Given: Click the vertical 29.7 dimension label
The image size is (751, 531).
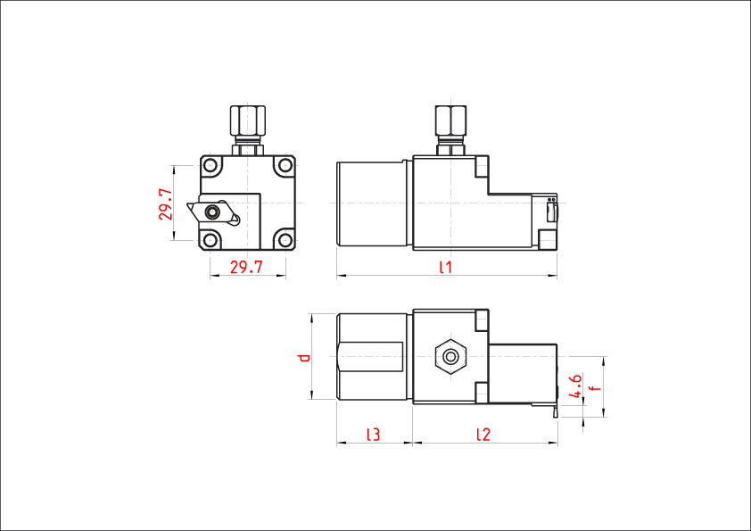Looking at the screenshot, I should coord(166,204).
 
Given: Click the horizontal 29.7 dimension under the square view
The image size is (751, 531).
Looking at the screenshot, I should coord(246,267).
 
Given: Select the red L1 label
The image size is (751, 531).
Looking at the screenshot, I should coord(445,267).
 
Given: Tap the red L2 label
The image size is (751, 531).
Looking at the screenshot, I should coord(483,435).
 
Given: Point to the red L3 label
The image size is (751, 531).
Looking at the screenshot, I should coord(374,435).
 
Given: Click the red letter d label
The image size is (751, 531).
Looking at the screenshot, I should coord(304,358).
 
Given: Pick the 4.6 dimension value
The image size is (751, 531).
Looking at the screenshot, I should coord(575,385).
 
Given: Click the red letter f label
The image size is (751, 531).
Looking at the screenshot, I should coord(595,388).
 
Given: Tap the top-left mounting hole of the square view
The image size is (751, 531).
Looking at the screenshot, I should coord(210,166).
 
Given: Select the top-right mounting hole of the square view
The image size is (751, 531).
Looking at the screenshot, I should coord(285,166).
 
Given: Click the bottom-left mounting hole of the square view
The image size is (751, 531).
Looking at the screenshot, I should coord(210,239).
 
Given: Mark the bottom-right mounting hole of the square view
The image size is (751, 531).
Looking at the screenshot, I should coord(285,239).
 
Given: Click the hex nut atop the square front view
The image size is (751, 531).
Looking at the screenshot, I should coord(247,120).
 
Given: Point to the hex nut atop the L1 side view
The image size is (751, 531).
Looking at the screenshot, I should coord(450,120).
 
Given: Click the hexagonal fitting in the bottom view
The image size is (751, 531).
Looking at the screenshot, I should coord(451,356).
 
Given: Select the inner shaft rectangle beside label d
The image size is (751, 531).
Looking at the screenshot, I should coord(373,357).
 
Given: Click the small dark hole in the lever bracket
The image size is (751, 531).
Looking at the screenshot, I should coord(212,212).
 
